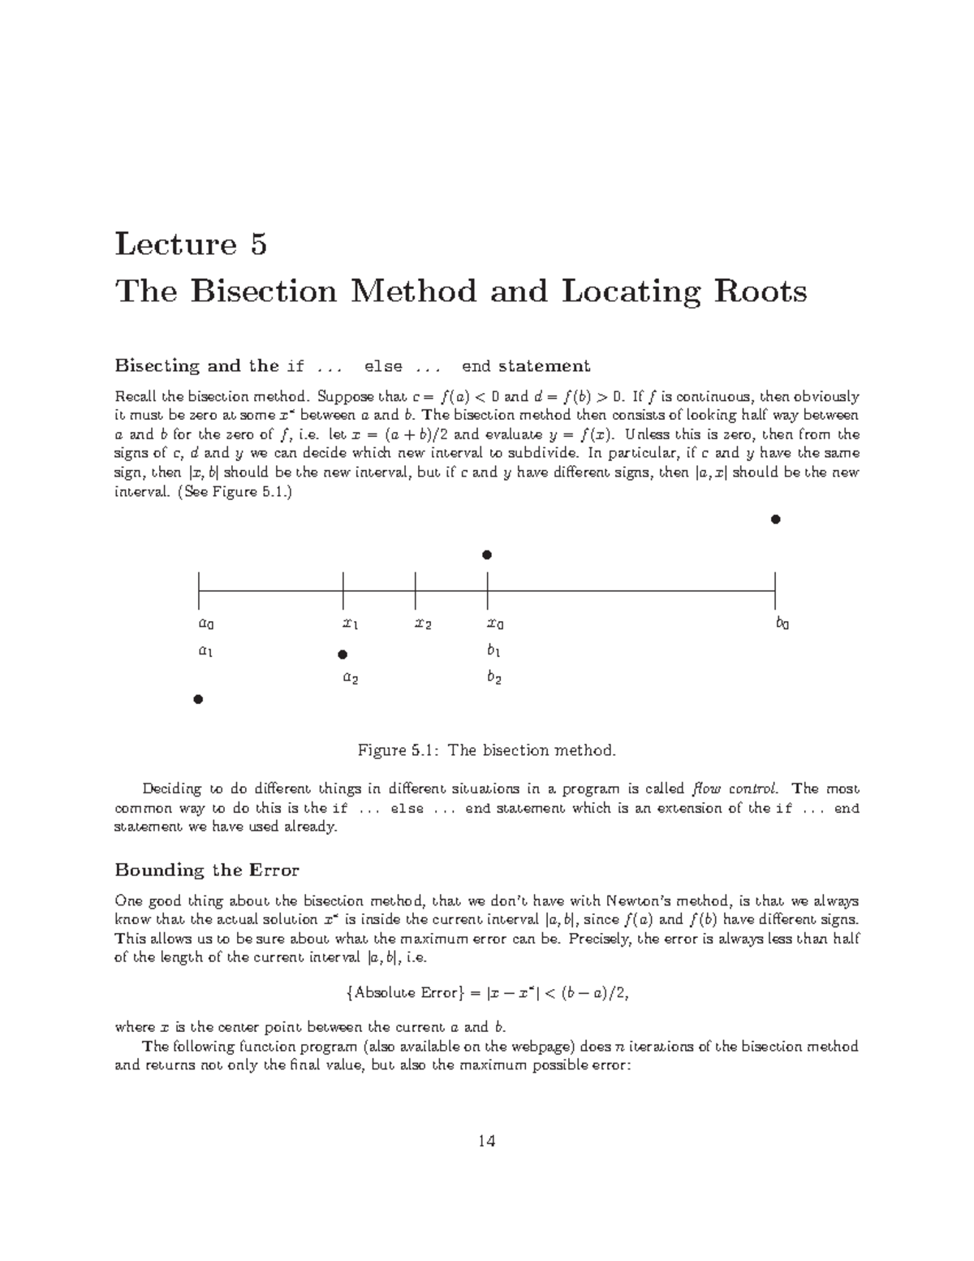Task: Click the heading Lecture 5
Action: tap(191, 244)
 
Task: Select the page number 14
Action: tap(486, 1141)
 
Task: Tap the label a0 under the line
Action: tap(206, 624)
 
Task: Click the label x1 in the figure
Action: tap(351, 624)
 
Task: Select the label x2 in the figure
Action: tap(423, 624)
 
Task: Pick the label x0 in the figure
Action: tap(495, 624)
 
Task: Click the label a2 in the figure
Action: tap(351, 677)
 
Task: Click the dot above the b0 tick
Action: tap(775, 519)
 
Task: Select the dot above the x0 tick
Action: tap(487, 555)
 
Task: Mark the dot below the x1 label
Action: tap(343, 654)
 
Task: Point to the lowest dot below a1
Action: tap(197, 699)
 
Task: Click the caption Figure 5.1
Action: tap(487, 750)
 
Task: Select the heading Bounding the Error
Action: tap(207, 870)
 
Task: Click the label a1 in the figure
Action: tap(206, 651)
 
